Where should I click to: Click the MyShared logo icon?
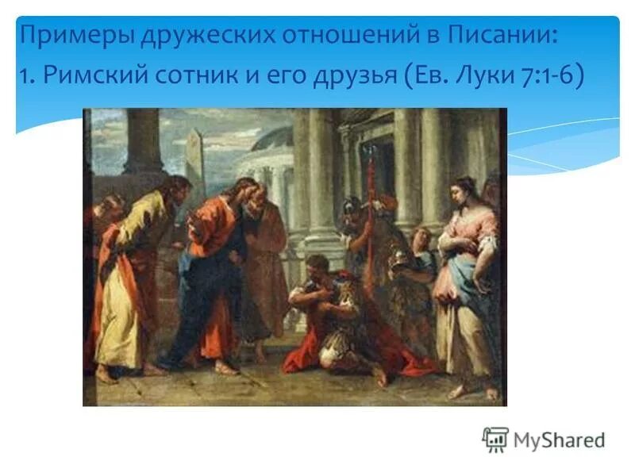[x=495, y=439]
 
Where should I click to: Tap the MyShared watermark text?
[x=560, y=440]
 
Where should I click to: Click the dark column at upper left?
[x=144, y=143]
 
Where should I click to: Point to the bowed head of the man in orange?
[x=243, y=193]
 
